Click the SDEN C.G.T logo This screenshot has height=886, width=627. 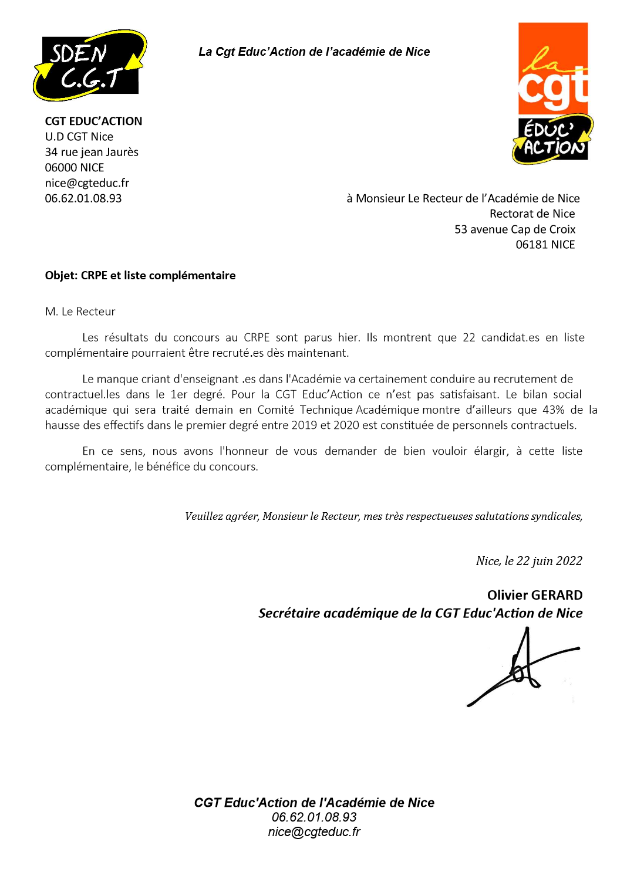coord(89,65)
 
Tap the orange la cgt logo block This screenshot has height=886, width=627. coord(552,68)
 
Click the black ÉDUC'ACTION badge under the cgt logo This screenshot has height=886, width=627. coord(552,139)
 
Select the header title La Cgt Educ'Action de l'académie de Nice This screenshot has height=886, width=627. coord(314,52)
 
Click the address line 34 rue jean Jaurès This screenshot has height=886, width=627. coord(92,152)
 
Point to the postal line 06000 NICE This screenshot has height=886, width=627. coord(75,167)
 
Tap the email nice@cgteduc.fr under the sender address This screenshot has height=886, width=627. coord(87,182)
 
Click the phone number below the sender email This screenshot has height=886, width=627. coord(83,198)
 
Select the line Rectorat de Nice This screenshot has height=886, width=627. coord(532,214)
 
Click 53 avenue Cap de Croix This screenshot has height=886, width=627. coord(514,229)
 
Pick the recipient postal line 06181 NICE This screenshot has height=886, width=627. coord(545,245)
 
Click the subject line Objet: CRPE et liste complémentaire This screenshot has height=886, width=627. coord(140,275)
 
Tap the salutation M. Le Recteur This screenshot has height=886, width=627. coord(80,312)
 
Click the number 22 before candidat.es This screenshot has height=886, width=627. coord(468,337)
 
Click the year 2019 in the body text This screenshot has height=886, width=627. coord(304,425)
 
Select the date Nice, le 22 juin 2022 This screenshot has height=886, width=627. coord(529,561)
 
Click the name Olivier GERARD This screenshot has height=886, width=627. coord(534,595)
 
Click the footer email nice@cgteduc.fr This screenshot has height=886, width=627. coord(314,831)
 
